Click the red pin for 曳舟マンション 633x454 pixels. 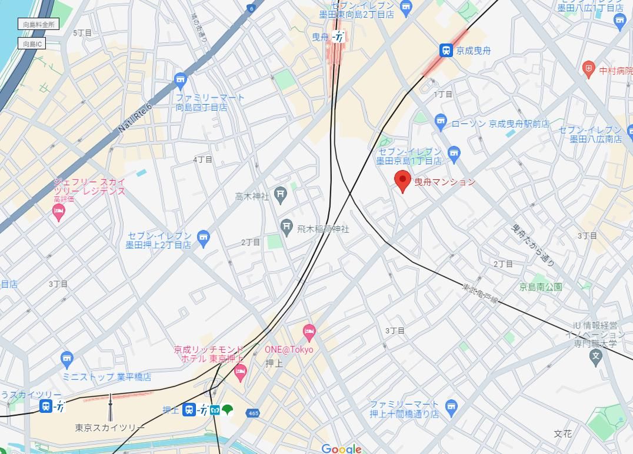point(402,181)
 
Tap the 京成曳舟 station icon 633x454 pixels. point(447,51)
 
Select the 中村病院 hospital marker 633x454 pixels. point(588,69)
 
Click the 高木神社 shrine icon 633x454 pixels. point(281,196)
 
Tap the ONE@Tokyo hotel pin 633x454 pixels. point(309,333)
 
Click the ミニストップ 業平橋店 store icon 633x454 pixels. point(67,359)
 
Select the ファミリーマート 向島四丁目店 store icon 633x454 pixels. point(181,79)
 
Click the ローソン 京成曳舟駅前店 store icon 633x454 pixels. point(441,122)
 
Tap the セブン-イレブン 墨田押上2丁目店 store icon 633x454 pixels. point(203,238)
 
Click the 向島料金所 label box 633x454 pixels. point(39,24)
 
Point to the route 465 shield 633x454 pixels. point(253,413)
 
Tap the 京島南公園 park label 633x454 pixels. point(540,287)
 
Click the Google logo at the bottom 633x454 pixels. point(341,449)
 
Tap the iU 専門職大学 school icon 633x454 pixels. point(596,356)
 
